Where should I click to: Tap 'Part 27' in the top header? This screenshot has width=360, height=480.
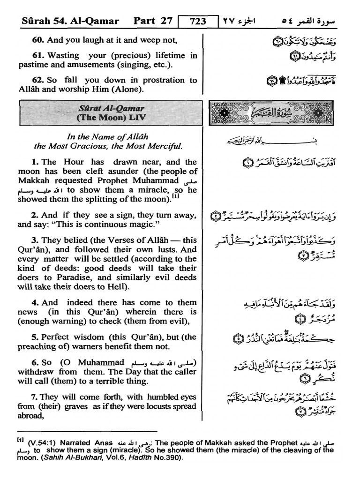[153, 21]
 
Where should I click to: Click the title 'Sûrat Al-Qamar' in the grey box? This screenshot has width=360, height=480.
[106, 109]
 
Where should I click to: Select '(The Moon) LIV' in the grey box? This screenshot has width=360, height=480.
[106, 118]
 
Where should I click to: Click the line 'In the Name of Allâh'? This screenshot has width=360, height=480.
[107, 137]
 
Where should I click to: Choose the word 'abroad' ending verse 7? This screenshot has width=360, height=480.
[30, 416]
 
